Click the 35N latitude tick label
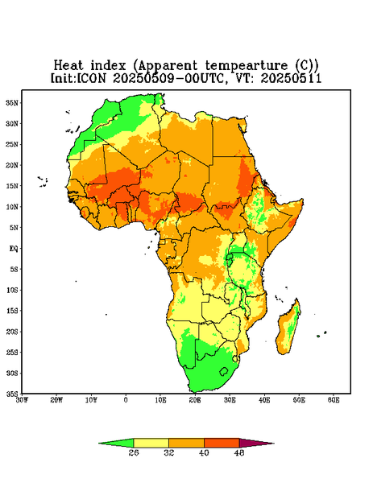(x=12, y=102)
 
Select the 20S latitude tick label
(x=12, y=332)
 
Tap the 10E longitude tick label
(x=160, y=400)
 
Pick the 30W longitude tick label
(x=22, y=400)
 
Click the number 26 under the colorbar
(x=134, y=452)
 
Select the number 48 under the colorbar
(x=239, y=452)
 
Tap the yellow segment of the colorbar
(x=151, y=443)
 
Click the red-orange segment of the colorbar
(x=222, y=443)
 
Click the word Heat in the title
(x=68, y=66)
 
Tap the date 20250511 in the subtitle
(x=291, y=78)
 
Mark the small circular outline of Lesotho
(x=224, y=371)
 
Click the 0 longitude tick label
(x=126, y=400)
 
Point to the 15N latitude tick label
(x=12, y=186)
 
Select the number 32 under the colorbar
(x=168, y=452)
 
